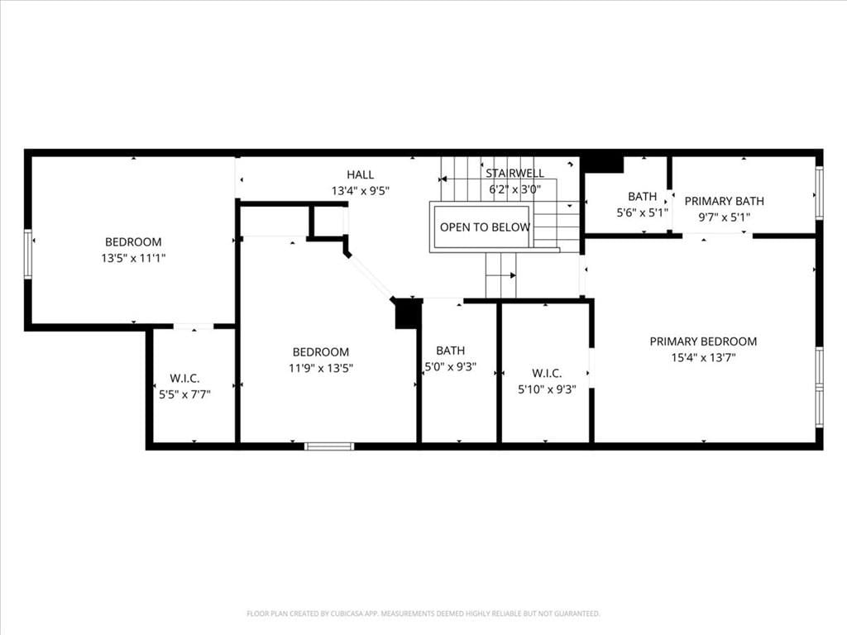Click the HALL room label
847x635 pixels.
pos(361,174)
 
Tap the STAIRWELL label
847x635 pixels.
pos(514,174)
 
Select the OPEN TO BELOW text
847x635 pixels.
pos(485,227)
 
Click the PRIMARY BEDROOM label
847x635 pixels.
pos(703,341)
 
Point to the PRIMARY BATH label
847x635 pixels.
pos(725,201)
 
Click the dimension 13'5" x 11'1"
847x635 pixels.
pos(133,258)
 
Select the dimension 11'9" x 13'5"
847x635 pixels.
pos(321,368)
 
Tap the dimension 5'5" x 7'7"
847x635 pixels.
pos(184,394)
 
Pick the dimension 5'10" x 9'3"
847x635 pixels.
pos(548,389)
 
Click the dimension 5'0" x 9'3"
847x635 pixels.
pos(451,366)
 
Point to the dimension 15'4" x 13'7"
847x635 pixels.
pos(703,357)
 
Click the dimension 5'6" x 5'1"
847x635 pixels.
pos(642,212)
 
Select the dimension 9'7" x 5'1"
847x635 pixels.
pos(725,217)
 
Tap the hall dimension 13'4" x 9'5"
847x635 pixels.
pos(361,191)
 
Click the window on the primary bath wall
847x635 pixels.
pos(819,192)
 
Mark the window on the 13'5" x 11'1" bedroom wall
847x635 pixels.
pos(28,254)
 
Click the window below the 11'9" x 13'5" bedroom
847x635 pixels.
pos(329,446)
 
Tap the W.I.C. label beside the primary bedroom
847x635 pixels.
pos(547,373)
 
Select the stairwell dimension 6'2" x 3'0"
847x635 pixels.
pos(514,189)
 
